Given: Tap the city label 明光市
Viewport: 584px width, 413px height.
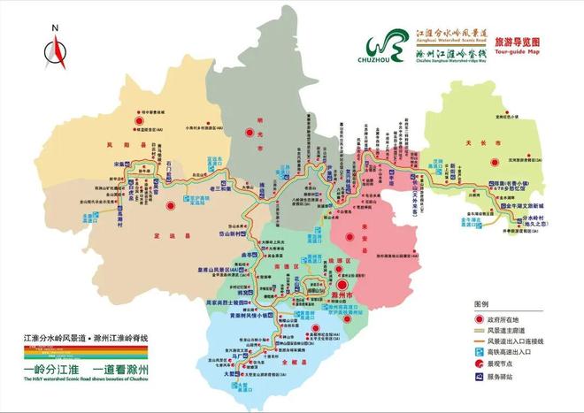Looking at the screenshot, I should click(x=259, y=139).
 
